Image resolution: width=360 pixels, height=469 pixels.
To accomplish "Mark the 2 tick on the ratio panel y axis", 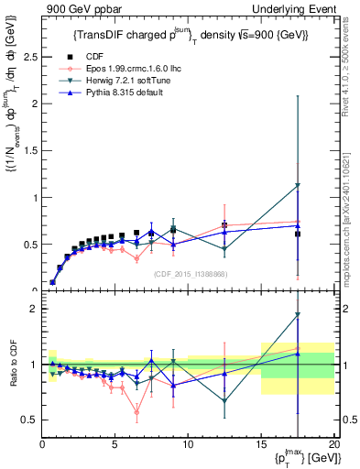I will [33, 309].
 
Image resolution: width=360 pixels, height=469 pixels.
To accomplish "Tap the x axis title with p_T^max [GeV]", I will [302, 458].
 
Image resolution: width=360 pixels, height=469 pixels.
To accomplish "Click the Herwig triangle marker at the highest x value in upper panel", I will [297, 186].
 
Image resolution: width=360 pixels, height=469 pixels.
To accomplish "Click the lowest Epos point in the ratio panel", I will [136, 411].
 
